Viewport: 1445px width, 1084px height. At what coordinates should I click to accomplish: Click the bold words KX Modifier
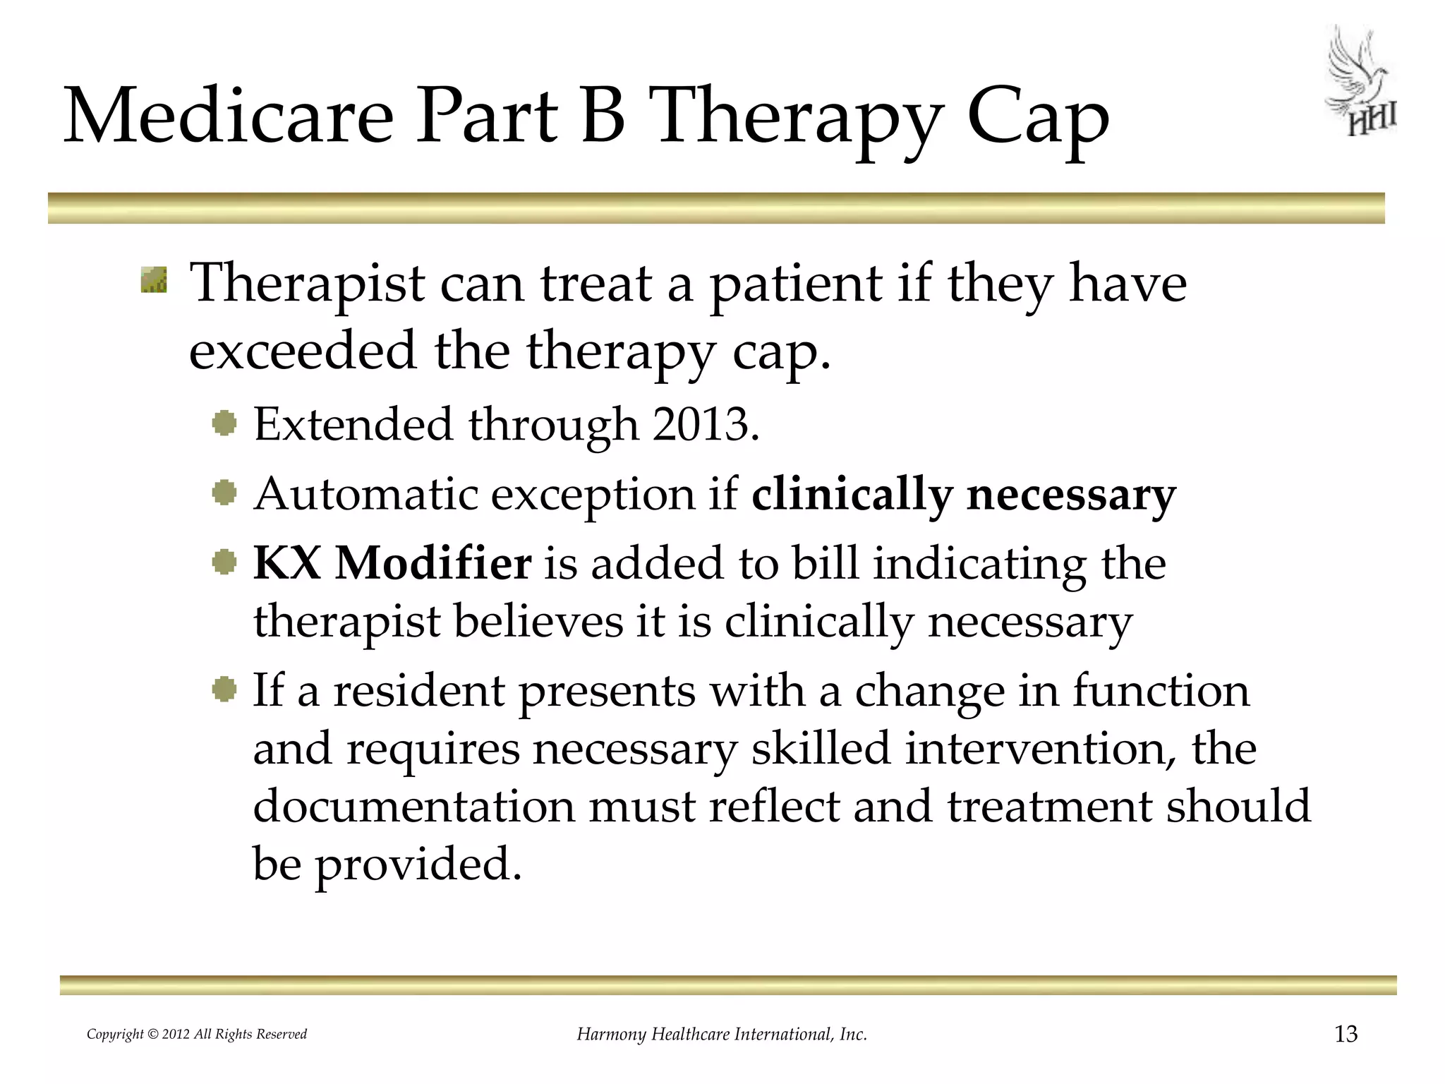[392, 563]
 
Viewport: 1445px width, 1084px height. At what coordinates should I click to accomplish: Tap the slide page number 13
[1346, 1035]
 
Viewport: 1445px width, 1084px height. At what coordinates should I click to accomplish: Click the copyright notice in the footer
[197, 1035]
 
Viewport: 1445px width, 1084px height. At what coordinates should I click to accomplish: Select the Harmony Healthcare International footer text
[722, 1035]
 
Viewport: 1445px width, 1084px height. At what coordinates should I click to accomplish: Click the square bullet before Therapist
[154, 279]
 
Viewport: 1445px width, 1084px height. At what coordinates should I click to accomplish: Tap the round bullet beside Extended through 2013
[224, 423]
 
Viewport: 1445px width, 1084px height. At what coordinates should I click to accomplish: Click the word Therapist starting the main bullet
[308, 284]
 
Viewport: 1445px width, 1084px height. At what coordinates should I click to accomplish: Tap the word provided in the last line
[417, 864]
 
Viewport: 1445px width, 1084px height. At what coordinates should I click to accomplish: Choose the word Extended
[353, 425]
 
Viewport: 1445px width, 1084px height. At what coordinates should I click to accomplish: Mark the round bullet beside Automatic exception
[224, 493]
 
